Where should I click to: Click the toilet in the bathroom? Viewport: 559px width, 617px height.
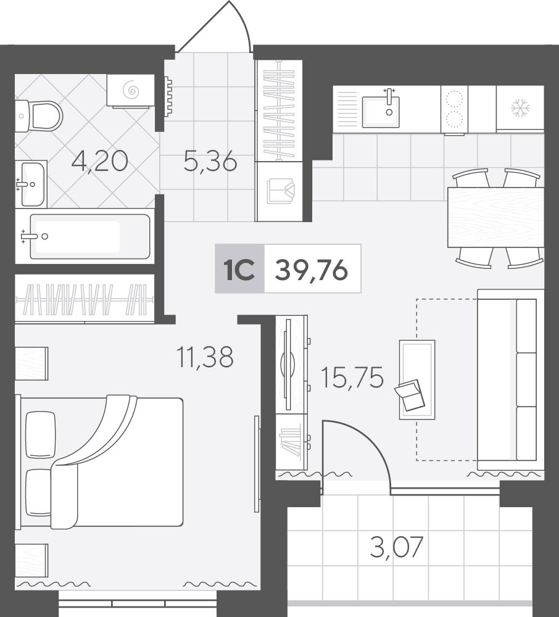(39, 116)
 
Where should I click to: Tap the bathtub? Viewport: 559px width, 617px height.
(89, 236)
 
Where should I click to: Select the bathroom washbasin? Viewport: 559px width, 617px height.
(32, 184)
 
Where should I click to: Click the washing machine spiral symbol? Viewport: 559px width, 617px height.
(131, 91)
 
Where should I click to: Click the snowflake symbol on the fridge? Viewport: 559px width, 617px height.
(520, 109)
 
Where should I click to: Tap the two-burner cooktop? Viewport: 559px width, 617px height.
(454, 110)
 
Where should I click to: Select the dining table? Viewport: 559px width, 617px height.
(495, 217)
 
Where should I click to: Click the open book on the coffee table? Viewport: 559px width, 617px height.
(410, 395)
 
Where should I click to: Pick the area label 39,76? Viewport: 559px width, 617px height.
(312, 270)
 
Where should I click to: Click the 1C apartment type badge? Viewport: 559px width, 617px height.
(239, 269)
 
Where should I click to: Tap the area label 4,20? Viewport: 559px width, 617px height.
(100, 161)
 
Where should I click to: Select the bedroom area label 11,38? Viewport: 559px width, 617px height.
(205, 357)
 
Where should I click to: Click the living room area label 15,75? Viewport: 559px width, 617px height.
(352, 378)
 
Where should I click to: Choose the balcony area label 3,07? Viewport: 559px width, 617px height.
(397, 547)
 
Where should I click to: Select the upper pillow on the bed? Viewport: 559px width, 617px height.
(41, 434)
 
